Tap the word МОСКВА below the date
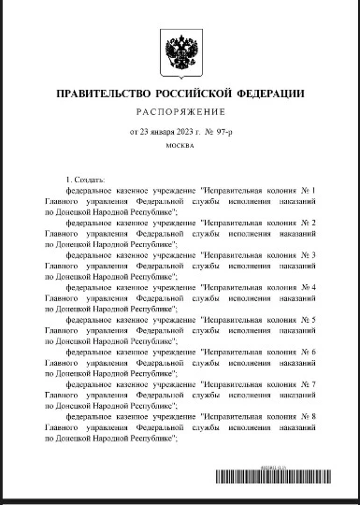[x=179, y=148]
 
